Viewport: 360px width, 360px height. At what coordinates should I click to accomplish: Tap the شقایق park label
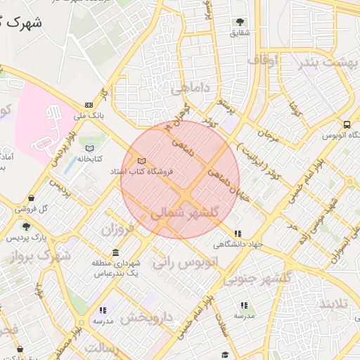tap(240, 33)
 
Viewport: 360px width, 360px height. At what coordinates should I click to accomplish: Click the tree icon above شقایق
tap(240, 22)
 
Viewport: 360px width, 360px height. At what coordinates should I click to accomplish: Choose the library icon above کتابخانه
tap(89, 148)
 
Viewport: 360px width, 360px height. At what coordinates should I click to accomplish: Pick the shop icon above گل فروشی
tap(32, 198)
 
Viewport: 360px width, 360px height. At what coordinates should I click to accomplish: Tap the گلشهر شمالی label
tap(191, 212)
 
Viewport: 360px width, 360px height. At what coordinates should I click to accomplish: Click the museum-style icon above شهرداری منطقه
tap(115, 253)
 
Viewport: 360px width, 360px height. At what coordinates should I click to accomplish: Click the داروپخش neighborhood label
tap(146, 317)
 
